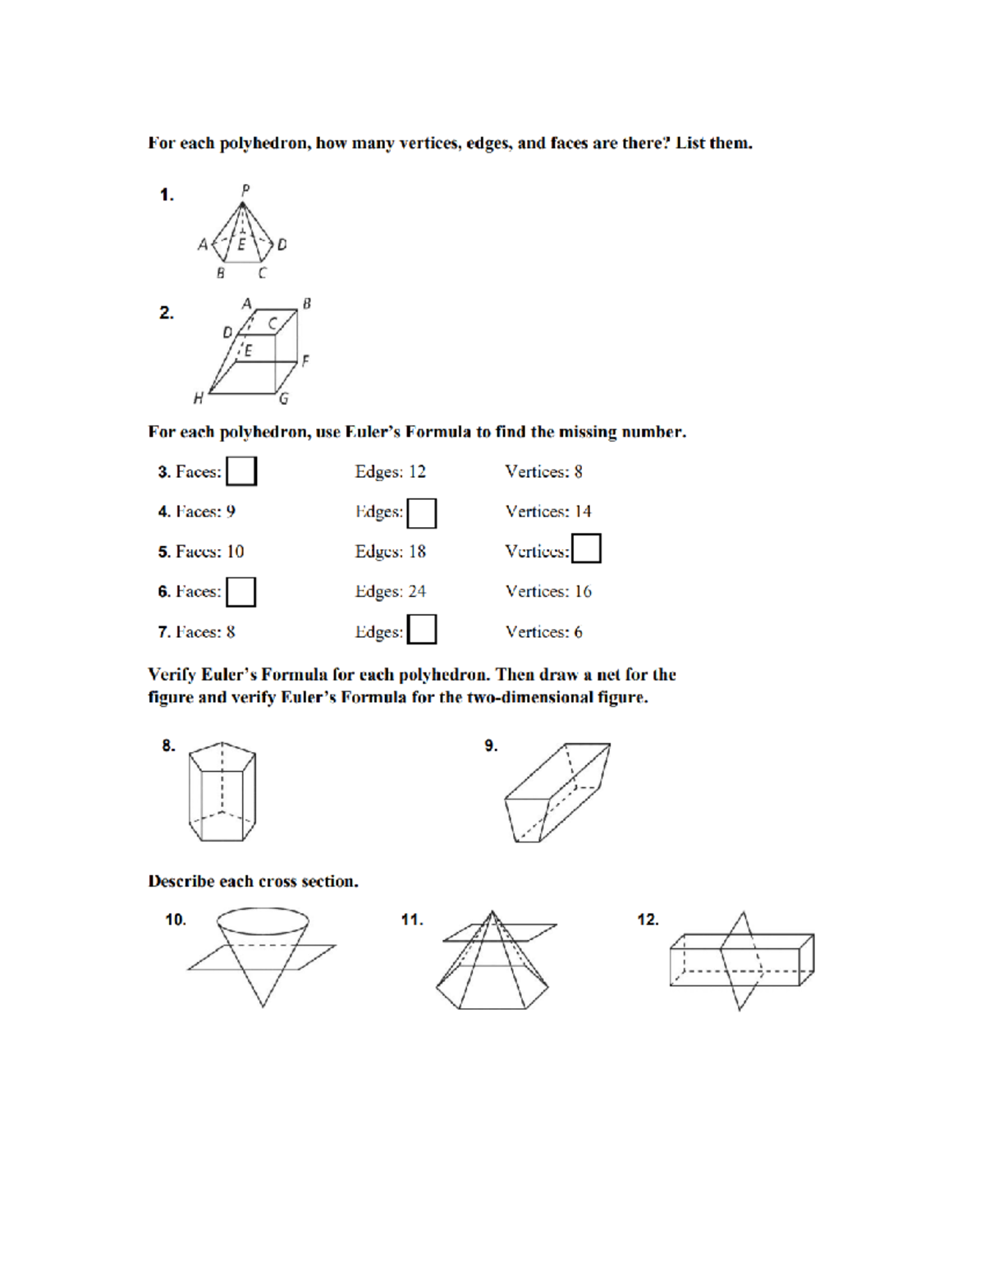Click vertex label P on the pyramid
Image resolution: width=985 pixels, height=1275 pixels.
tap(245, 190)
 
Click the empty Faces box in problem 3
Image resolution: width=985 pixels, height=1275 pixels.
tap(241, 471)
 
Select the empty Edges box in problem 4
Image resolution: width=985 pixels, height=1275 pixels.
tap(422, 513)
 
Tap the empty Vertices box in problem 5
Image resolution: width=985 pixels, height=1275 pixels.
tap(586, 548)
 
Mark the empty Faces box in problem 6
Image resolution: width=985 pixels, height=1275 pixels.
tap(241, 592)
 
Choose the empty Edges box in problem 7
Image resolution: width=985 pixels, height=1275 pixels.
tap(422, 630)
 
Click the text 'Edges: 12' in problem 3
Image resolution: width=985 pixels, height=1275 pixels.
tap(390, 472)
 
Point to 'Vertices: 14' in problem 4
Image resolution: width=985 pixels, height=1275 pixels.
tap(547, 511)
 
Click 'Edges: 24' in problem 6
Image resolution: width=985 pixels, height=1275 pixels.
tap(390, 592)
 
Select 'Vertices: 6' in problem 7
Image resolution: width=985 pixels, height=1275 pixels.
tap(543, 632)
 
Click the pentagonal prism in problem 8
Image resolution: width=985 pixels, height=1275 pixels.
tap(222, 791)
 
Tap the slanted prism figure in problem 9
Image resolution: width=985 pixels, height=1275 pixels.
tap(557, 792)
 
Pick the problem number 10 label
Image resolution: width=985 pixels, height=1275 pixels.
tap(176, 920)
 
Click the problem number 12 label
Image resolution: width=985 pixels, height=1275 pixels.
tap(648, 920)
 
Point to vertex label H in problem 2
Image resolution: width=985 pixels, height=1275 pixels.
tap(198, 399)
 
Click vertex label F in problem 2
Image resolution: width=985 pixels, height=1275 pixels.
tap(305, 360)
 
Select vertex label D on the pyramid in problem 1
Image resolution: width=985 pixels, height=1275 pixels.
tap(282, 245)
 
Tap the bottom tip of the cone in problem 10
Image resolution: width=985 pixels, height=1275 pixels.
tap(263, 1007)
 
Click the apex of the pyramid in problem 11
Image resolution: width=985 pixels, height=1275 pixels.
tap(492, 911)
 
